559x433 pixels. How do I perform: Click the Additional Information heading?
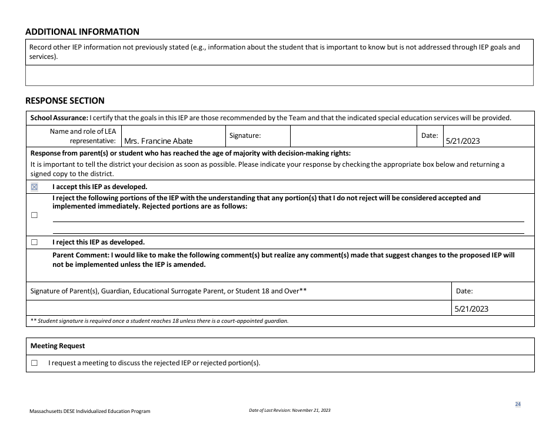tap(82, 32)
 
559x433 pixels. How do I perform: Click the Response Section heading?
tap(65, 101)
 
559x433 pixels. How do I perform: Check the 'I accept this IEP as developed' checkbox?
tap(34, 187)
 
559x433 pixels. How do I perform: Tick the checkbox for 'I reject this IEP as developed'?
tap(34, 242)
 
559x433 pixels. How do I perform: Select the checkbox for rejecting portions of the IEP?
tap(34, 215)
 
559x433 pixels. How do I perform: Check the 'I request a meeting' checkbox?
tap(34, 363)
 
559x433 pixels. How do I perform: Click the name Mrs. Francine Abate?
tap(158, 141)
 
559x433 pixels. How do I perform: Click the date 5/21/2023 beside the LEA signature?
tap(463, 141)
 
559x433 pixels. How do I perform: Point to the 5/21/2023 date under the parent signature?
tap(471, 309)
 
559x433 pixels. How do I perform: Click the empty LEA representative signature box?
tap(353, 136)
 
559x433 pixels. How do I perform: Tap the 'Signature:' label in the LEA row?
tap(245, 136)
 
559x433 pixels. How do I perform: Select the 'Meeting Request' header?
tap(58, 346)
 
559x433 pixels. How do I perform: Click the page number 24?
tap(518, 404)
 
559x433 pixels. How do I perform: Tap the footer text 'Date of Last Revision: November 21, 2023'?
tap(290, 411)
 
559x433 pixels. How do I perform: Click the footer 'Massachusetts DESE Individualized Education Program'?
tap(90, 411)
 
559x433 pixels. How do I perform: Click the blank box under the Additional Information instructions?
tap(279, 75)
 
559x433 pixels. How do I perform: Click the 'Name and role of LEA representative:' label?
tap(83, 136)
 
